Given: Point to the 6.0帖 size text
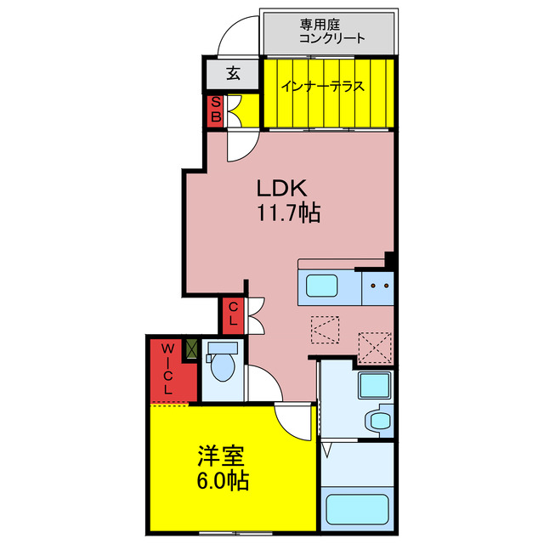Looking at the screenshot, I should tap(219, 480).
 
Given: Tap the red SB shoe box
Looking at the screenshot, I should tap(216, 110).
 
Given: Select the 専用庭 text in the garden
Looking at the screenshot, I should tap(317, 25).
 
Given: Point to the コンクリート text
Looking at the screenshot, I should tap(331, 38).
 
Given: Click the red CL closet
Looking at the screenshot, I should tap(232, 314).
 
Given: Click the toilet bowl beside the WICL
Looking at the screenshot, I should tap(223, 365).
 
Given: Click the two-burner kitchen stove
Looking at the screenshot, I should tap(377, 286).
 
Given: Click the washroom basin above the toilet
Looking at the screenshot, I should tap(374, 386).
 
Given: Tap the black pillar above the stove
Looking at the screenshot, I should tap(389, 258).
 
